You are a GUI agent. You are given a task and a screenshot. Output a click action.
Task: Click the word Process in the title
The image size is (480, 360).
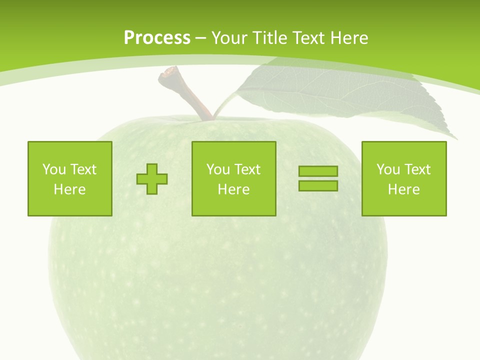point(157,38)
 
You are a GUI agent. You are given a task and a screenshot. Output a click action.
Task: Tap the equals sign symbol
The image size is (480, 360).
point(318,178)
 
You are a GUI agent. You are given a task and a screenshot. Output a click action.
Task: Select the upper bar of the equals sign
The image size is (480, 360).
point(318,171)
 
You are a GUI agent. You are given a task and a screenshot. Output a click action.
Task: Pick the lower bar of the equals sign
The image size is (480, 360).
point(318,185)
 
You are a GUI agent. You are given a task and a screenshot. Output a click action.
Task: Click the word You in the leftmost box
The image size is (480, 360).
point(53,169)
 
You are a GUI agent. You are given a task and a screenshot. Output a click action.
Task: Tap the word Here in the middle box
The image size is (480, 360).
point(234,189)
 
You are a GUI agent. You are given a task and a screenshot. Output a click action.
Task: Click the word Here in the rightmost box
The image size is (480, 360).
point(404,189)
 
